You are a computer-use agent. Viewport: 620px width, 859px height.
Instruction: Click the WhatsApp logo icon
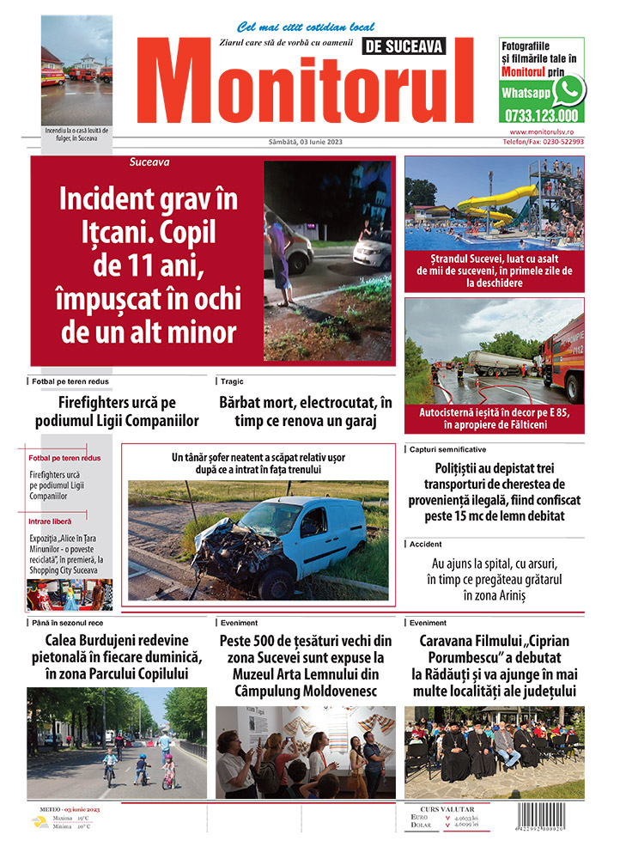(x=568, y=90)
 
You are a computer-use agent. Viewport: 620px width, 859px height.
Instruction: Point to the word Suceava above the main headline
(x=149, y=161)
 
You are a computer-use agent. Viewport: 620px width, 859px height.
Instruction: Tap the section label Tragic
(x=232, y=381)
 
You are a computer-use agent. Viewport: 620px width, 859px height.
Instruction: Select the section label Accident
(x=426, y=545)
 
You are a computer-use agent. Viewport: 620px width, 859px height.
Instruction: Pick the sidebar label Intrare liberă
(x=50, y=521)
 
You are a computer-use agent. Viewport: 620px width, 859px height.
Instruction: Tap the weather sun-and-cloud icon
(x=40, y=821)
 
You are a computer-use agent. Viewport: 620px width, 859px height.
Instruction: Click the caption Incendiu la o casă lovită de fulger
(x=76, y=134)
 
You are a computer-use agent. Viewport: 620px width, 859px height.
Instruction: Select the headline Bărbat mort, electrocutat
(x=305, y=411)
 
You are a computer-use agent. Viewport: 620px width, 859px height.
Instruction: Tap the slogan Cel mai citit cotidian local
(x=294, y=27)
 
